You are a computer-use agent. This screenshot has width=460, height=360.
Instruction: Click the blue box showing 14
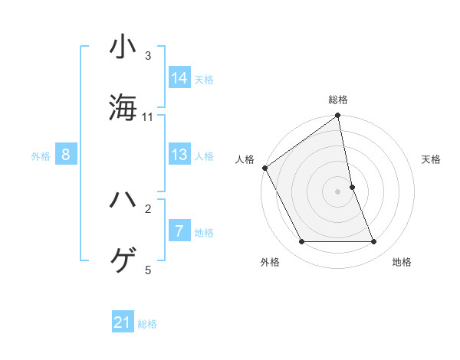tap(179, 77)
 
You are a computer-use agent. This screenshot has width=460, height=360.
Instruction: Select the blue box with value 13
tap(179, 155)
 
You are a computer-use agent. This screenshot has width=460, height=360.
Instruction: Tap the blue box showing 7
tap(179, 231)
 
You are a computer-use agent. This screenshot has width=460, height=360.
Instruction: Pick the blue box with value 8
tap(66, 155)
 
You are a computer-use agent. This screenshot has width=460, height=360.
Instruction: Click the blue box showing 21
tap(123, 323)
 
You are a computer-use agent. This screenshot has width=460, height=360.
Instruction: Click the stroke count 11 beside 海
tap(148, 117)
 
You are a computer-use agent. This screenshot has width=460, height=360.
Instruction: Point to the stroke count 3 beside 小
tap(148, 56)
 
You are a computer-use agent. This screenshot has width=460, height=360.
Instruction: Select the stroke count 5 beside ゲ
tap(148, 270)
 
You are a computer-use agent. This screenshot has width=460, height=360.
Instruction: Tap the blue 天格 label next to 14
tap(204, 79)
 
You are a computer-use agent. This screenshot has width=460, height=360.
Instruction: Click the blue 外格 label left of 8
tap(41, 156)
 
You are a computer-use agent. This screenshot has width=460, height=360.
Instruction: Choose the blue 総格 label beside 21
tap(147, 324)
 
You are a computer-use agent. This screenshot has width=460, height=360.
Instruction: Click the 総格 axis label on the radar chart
tap(338, 100)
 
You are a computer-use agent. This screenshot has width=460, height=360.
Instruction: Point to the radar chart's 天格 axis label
tap(431, 159)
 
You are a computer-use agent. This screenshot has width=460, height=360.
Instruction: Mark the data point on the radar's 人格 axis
tap(265, 168)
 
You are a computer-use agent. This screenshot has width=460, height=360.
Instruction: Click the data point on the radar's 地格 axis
tap(374, 242)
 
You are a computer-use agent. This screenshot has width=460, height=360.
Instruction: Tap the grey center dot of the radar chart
tap(338, 191)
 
